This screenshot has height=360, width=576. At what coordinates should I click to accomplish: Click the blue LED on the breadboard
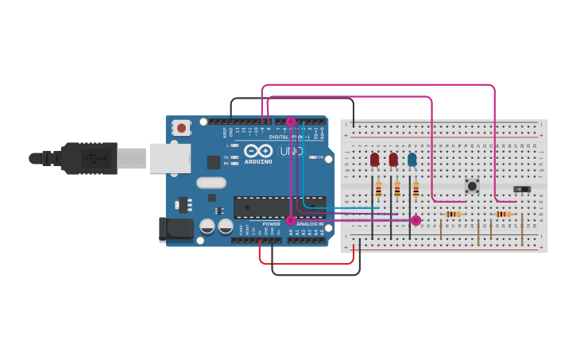coord(412,160)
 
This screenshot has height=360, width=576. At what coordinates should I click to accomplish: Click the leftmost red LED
coord(374,160)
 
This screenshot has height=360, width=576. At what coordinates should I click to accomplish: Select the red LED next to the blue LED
coord(393,160)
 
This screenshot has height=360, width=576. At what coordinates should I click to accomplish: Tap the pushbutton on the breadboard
coord(472,186)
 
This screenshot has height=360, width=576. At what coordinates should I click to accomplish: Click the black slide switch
coord(521,189)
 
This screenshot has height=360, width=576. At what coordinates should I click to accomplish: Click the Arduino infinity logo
coord(258,151)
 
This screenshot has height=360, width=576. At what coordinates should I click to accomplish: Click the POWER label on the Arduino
coord(271,224)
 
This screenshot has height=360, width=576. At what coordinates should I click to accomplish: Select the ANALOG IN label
coord(309,224)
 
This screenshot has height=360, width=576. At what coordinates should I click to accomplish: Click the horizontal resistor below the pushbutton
coord(453,214)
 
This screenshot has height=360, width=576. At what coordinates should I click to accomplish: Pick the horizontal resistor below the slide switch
coord(503,214)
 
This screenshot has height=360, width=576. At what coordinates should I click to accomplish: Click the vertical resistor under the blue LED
coord(416,189)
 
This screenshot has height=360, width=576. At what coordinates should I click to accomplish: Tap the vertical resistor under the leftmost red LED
coord(378,189)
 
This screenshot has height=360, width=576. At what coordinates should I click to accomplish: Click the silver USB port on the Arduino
coord(170,158)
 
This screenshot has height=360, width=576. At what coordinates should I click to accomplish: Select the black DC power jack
coord(176,229)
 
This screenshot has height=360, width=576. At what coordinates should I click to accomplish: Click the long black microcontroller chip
coord(279,207)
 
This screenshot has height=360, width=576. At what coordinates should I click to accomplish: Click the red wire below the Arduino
coord(306,263)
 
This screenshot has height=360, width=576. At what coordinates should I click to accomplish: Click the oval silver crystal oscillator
coord(211,183)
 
